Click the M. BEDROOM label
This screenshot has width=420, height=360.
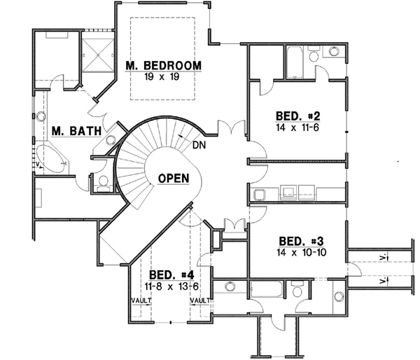(163, 66)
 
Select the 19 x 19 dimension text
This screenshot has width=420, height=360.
(163, 77)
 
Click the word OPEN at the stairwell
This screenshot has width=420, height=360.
(172, 178)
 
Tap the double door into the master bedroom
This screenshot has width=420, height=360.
(230, 131)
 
